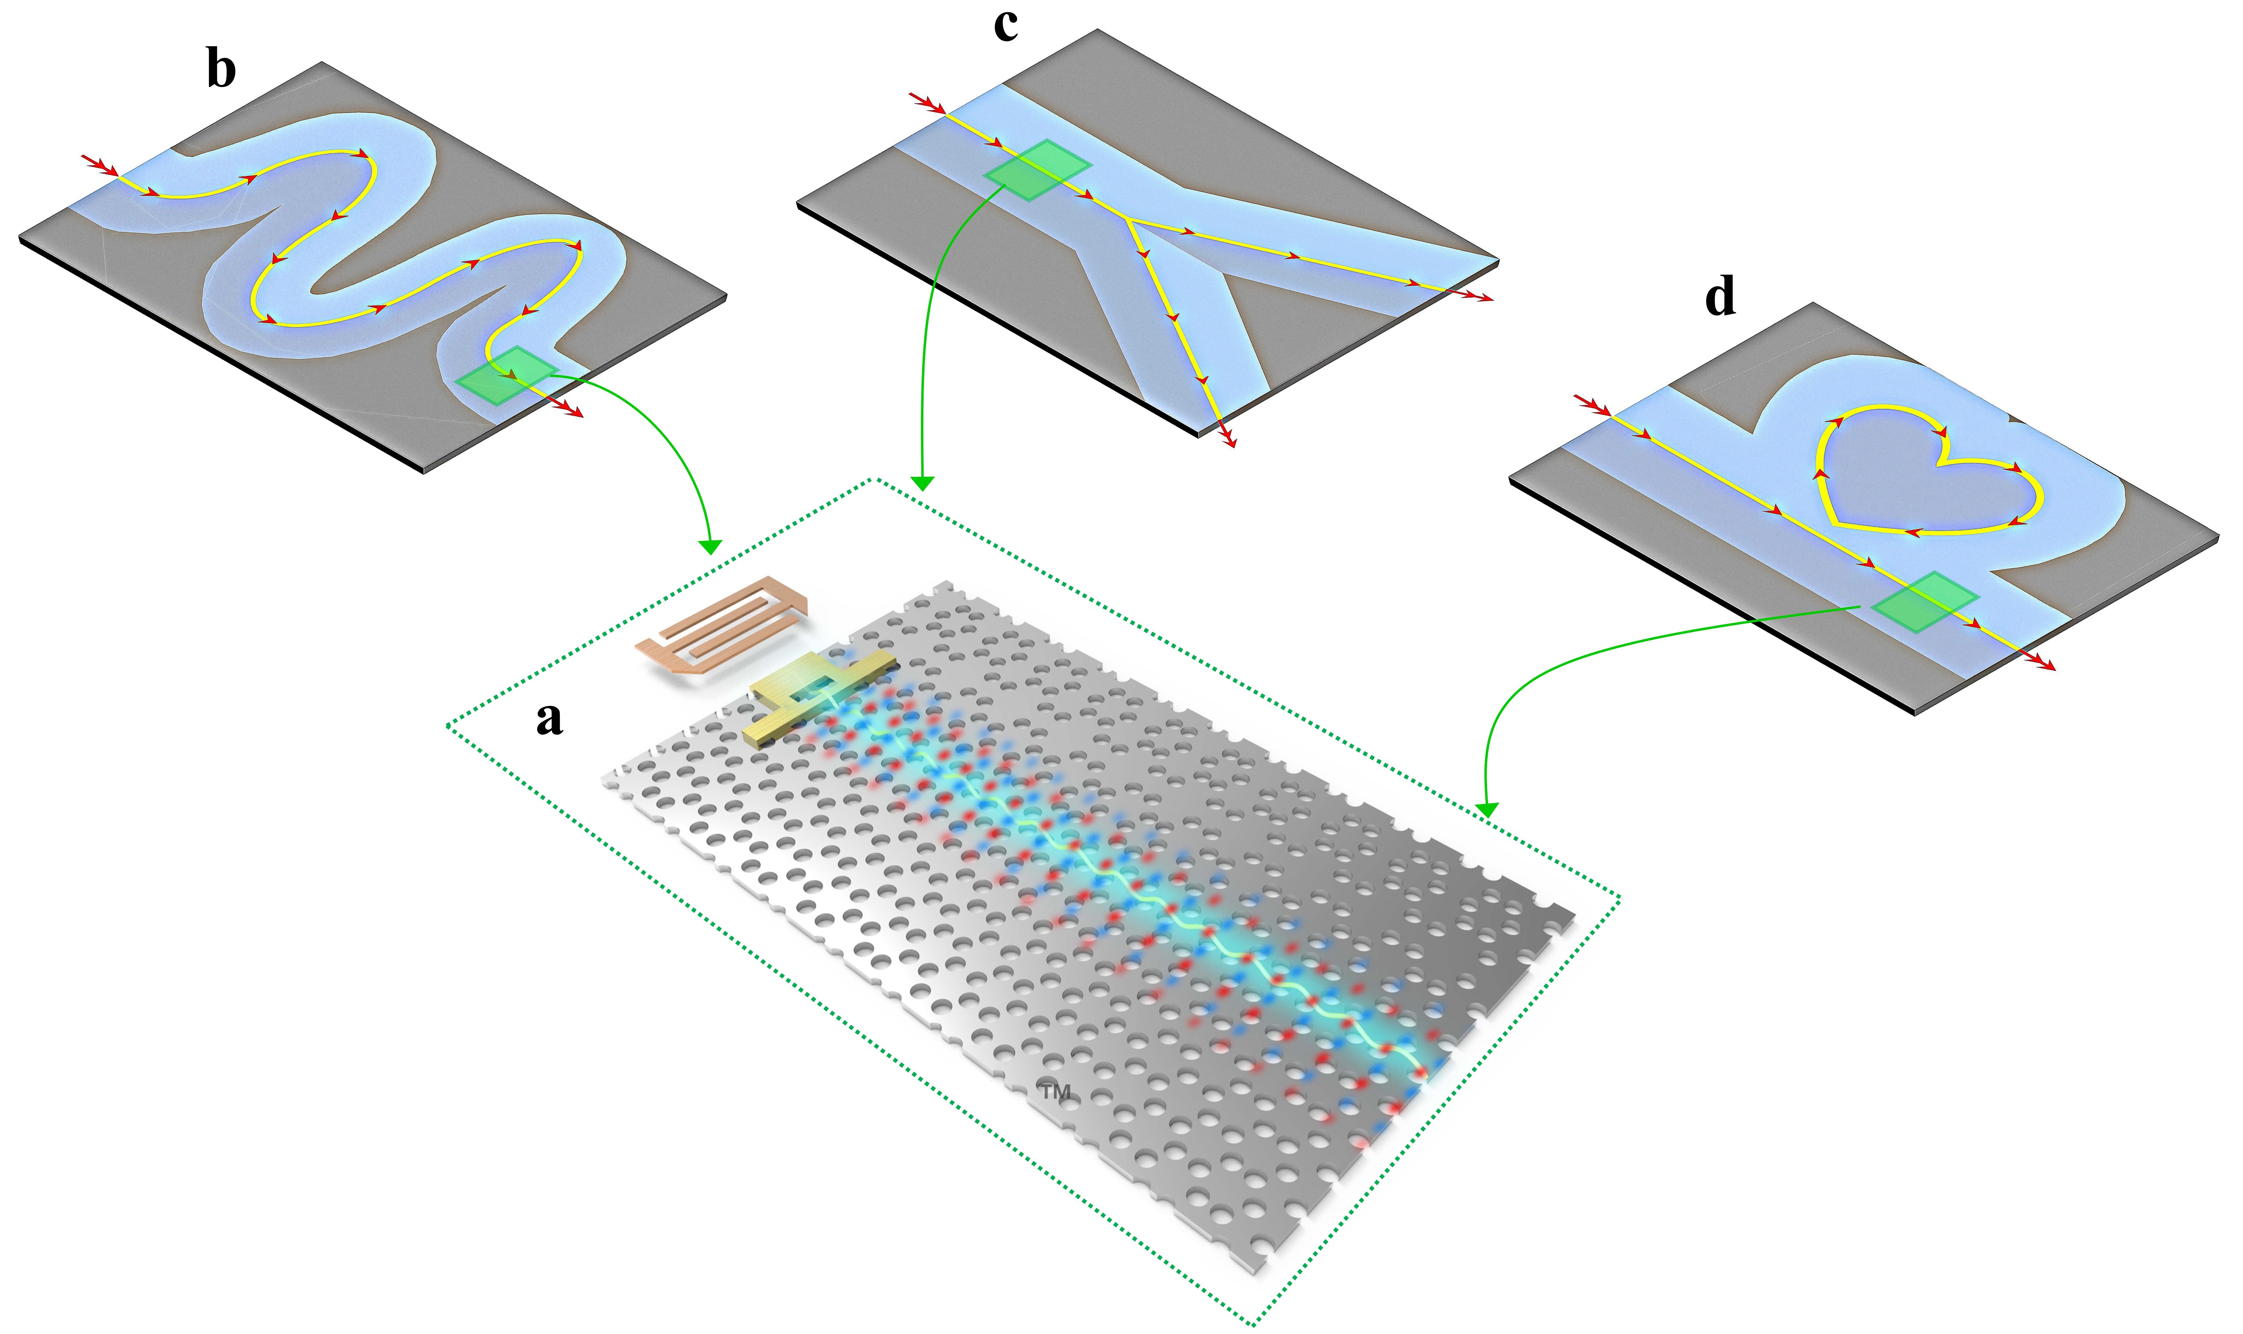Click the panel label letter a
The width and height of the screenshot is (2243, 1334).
549,719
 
